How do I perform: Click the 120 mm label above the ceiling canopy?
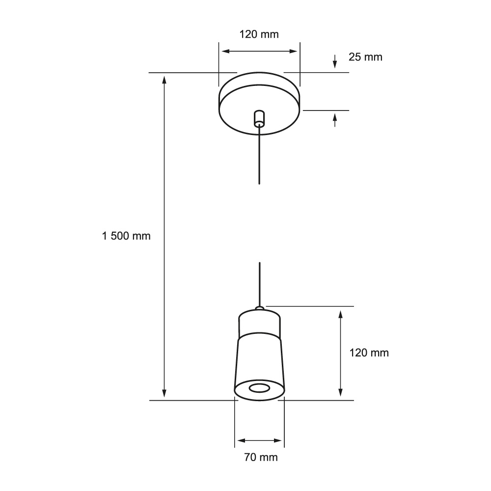[259, 34]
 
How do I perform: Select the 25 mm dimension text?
[365, 57]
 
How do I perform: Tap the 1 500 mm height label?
[126, 236]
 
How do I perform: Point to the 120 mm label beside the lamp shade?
[369, 353]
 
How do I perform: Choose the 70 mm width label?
[261, 458]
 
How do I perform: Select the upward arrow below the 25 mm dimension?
[335, 119]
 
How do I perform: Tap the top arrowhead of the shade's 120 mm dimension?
[340, 313]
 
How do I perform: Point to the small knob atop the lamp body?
[259, 308]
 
